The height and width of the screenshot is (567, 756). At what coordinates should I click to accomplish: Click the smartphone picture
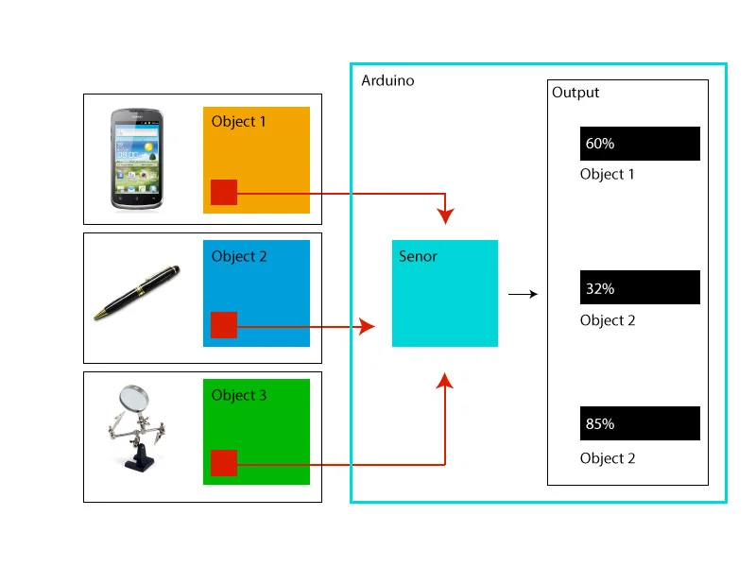138,158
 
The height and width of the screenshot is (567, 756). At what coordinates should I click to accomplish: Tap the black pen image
137,294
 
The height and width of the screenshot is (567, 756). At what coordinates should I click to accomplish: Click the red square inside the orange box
224,192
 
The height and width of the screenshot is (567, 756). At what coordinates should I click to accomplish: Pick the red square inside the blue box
224,325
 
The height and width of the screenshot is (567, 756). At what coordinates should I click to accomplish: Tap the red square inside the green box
224,463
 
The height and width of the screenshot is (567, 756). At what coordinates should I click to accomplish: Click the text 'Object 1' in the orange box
239,121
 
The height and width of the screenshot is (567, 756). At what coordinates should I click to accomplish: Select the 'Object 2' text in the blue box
239,256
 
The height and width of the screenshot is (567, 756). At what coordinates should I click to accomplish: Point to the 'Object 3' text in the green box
239,395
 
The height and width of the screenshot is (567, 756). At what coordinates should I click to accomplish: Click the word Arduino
387,80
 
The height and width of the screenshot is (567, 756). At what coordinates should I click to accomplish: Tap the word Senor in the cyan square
418,256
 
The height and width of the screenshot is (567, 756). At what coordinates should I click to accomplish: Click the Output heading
576,93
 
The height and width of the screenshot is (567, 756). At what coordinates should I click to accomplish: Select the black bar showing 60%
640,144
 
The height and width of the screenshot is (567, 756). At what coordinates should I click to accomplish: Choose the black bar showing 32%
640,288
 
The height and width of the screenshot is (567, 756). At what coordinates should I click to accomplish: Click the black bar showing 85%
640,423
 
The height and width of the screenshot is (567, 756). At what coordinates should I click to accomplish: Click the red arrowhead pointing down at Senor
445,216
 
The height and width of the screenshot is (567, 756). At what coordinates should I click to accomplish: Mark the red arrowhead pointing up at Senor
445,380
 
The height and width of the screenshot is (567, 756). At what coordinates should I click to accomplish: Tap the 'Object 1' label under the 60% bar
608,174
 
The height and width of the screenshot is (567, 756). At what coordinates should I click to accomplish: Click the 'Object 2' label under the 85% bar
608,458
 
